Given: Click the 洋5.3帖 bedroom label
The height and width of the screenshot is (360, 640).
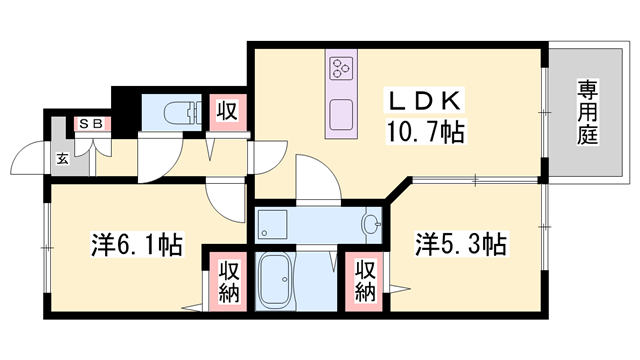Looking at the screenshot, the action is click(460, 243).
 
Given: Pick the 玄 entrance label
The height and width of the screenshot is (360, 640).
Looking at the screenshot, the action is click(62, 157).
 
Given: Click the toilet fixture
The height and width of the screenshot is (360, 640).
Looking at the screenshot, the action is click(181, 111).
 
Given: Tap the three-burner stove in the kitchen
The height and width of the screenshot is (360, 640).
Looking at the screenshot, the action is click(341, 68).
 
